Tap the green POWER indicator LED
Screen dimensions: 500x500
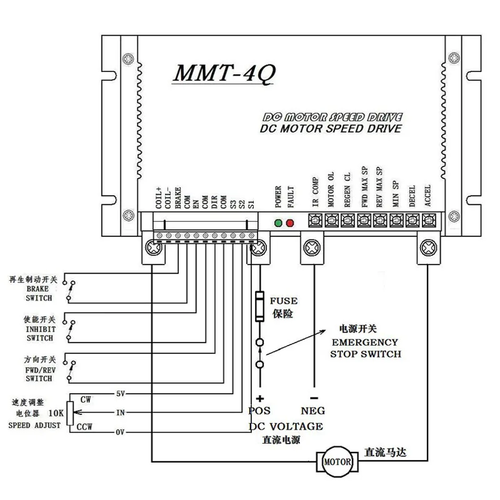click(x=278, y=223)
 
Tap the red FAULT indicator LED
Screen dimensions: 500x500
click(x=289, y=223)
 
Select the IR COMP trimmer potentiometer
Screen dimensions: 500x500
click(x=316, y=220)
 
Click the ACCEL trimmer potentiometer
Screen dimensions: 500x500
click(x=428, y=220)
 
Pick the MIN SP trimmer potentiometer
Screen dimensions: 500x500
click(x=396, y=220)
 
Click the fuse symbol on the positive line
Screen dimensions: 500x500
click(x=260, y=307)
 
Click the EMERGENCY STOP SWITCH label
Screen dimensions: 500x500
click(x=365, y=348)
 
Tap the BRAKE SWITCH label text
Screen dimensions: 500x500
click(x=38, y=294)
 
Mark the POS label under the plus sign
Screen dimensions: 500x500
click(x=259, y=411)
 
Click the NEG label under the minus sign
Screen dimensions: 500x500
click(x=314, y=411)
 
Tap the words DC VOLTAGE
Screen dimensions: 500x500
click(x=286, y=426)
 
